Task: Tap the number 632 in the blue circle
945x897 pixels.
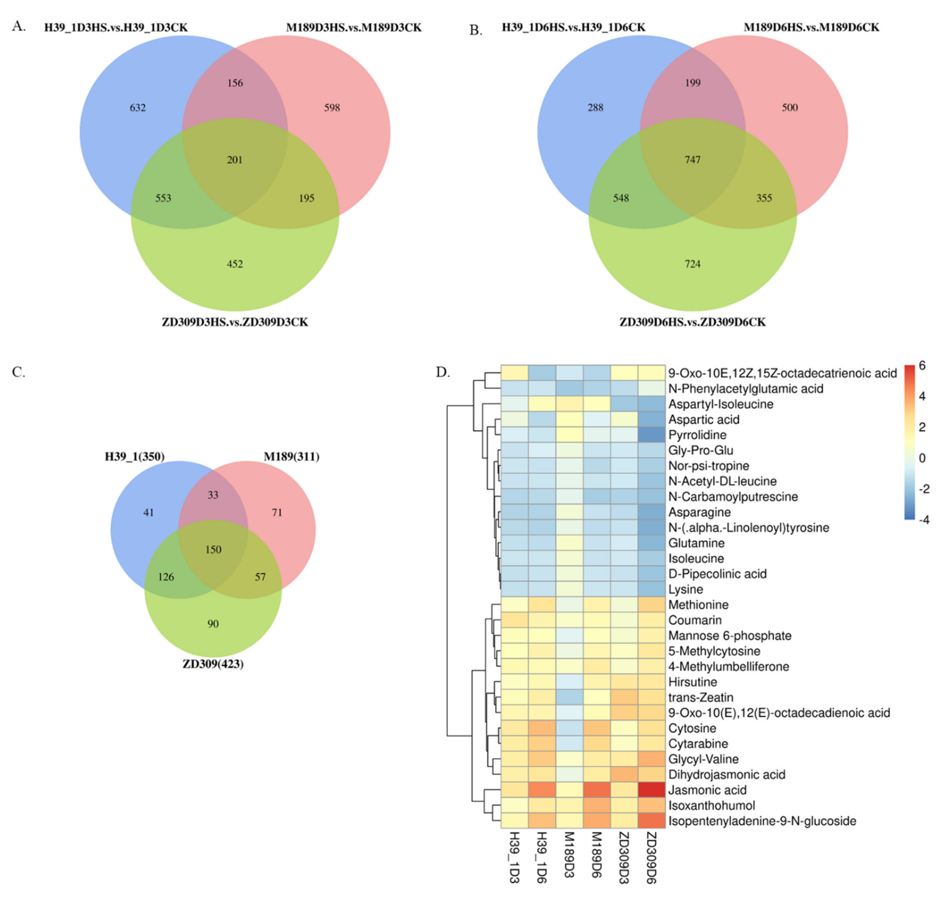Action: click(x=138, y=108)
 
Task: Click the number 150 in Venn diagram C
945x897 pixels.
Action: click(x=213, y=549)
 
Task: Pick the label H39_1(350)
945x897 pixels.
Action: click(x=135, y=457)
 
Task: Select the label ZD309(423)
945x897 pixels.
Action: click(x=213, y=664)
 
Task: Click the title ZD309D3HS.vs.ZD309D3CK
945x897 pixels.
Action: click(x=235, y=322)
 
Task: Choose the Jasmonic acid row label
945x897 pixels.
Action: click(x=707, y=790)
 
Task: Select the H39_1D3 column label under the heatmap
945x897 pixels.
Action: click(x=514, y=857)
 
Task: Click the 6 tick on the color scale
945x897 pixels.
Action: click(x=922, y=366)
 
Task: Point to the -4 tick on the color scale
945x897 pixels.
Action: click(x=923, y=520)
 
